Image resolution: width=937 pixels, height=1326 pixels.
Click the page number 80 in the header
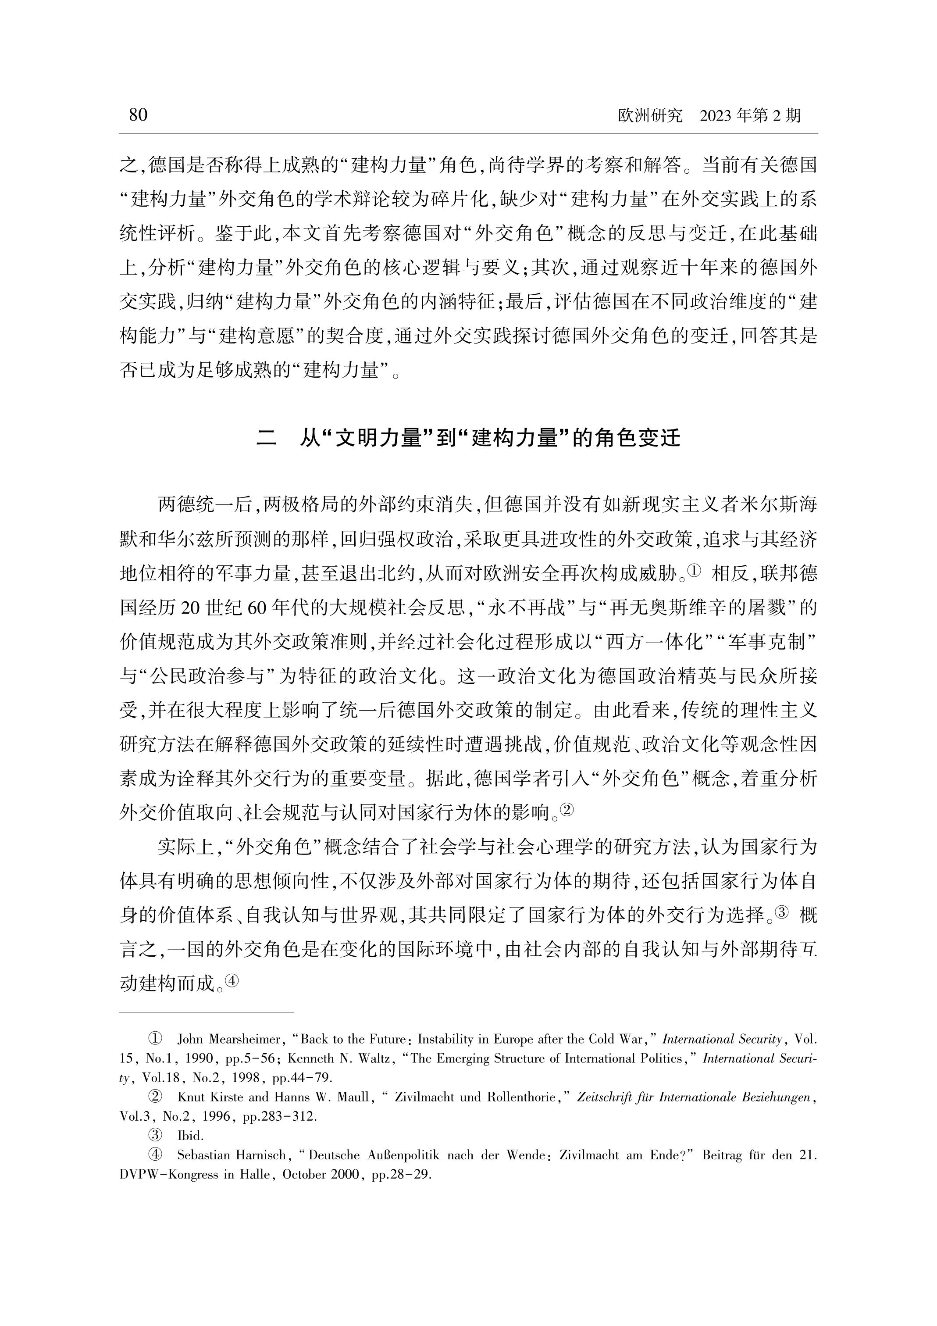tap(138, 115)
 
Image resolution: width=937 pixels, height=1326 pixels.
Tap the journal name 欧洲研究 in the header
tap(650, 116)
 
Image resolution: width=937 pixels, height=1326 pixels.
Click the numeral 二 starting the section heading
tap(266, 438)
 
